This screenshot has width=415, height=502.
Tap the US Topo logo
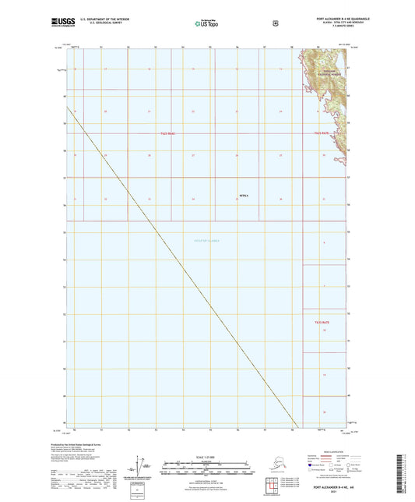point(206,25)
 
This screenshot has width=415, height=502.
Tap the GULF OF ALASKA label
point(206,241)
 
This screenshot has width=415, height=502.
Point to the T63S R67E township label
point(322,321)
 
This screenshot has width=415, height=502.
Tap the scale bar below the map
point(206,466)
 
